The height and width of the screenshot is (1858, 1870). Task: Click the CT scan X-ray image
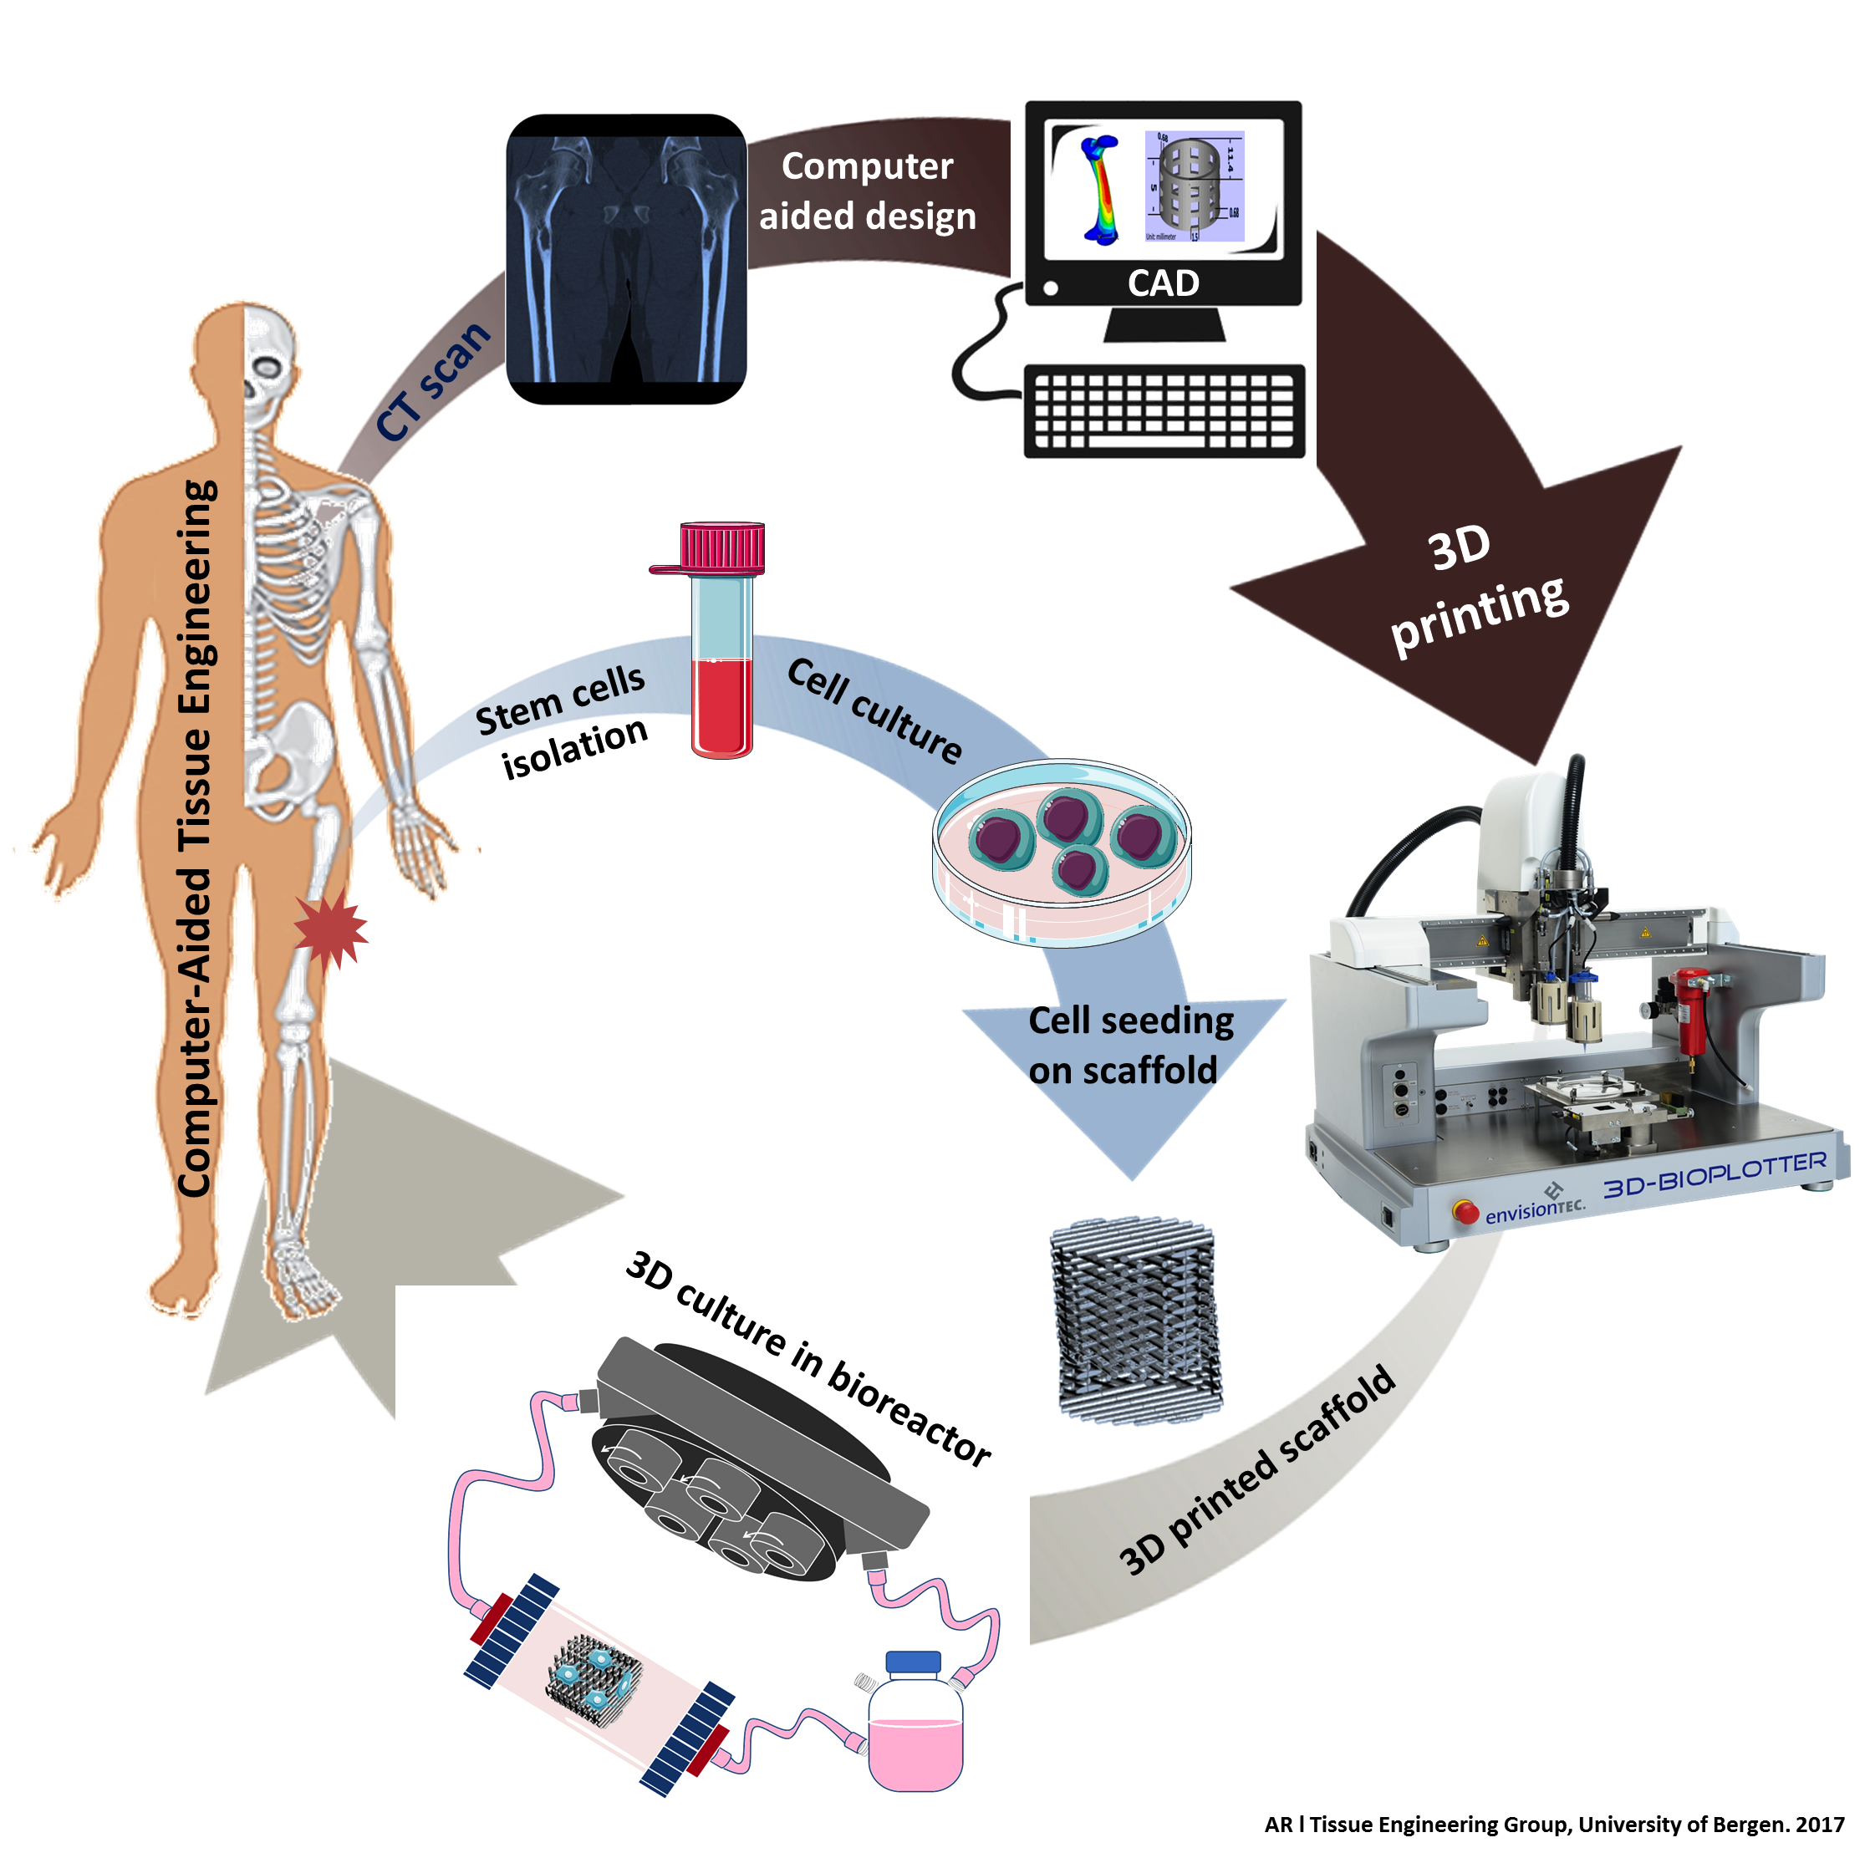point(625,259)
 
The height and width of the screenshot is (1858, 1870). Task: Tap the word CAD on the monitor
point(1163,283)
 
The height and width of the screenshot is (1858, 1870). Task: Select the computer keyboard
point(1164,411)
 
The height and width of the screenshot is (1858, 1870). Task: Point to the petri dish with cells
point(1062,852)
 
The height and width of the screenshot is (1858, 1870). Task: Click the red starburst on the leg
point(330,929)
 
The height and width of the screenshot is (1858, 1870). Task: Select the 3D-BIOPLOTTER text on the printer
point(1713,1173)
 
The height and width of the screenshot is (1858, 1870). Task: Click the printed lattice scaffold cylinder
point(1134,1321)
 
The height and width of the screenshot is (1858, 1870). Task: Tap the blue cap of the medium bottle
point(913,1662)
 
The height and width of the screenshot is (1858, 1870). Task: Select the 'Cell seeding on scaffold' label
point(1129,1045)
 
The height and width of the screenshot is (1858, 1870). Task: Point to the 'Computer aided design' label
point(867,191)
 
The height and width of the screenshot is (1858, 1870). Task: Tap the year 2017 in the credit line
point(1820,1824)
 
